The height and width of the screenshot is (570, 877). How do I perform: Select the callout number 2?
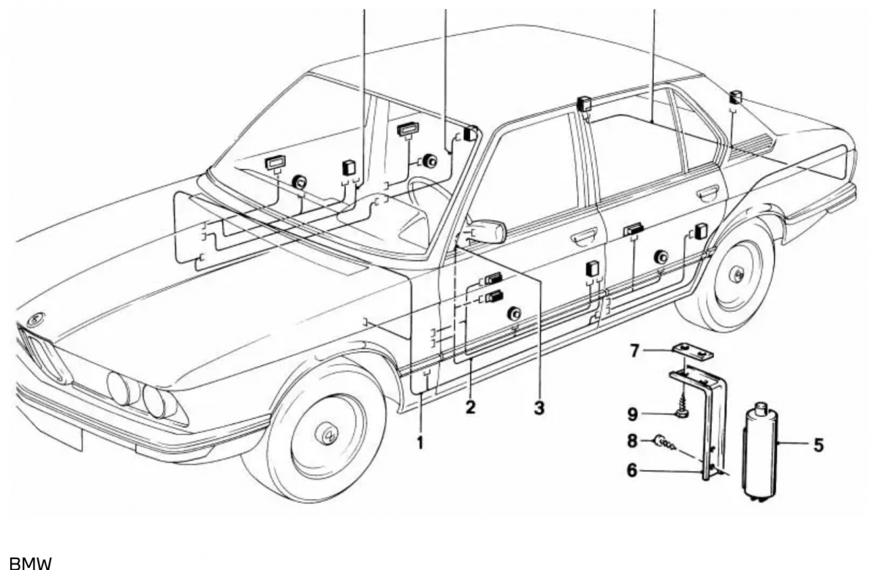coord(470,408)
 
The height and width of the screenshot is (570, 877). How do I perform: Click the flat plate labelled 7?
coord(692,353)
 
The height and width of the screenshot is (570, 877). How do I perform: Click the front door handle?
coord(584,235)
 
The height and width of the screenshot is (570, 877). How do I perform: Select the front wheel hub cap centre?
coord(325,435)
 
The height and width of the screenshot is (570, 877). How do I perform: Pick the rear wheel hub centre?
coord(737,274)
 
